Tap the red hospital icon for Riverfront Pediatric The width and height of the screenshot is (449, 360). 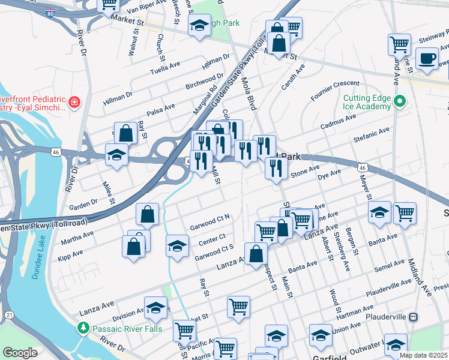[x=74, y=102]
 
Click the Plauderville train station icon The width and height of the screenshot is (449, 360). [x=413, y=316]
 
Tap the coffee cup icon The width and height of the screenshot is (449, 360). [x=427, y=59]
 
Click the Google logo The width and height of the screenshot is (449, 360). [x=20, y=353]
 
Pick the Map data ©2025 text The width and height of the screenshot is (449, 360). [x=423, y=355]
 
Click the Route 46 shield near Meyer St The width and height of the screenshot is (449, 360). [x=361, y=169]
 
